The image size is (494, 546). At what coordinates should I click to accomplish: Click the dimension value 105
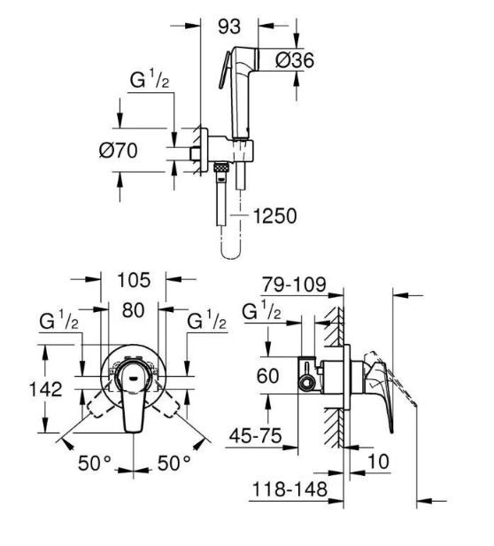134,282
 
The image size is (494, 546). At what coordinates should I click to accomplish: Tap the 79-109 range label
292,285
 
